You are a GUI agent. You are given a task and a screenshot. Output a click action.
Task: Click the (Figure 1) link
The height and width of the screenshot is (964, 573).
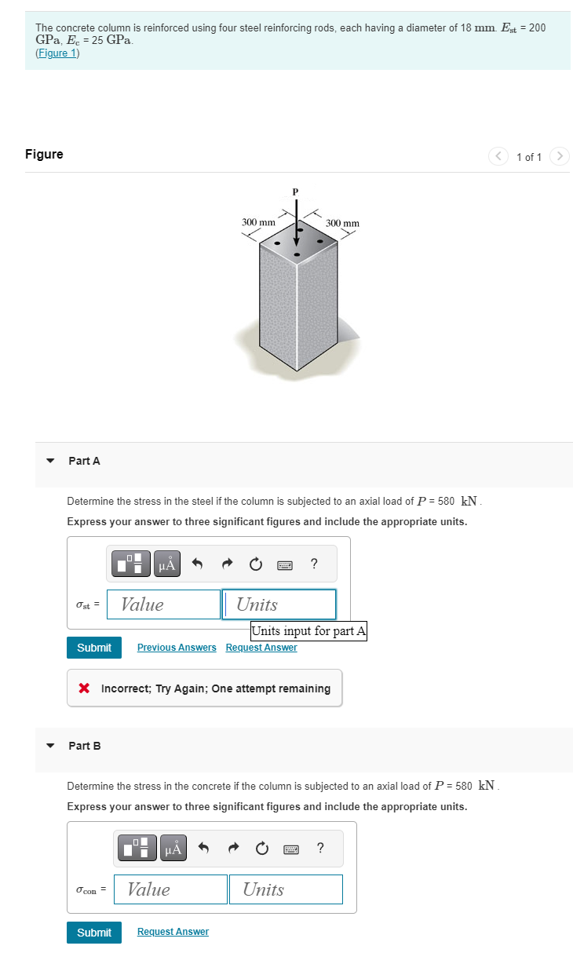(x=57, y=53)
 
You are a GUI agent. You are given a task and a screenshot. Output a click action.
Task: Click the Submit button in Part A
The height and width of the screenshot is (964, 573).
(x=94, y=648)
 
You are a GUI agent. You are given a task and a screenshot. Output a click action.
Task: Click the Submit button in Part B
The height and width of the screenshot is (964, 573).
(x=94, y=933)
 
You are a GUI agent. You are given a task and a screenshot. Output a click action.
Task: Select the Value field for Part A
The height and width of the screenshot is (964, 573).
(x=164, y=604)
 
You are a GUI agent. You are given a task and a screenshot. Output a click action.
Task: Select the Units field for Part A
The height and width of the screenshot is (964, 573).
(x=279, y=604)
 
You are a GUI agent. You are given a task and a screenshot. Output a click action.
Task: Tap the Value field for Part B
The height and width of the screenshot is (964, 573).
(x=170, y=889)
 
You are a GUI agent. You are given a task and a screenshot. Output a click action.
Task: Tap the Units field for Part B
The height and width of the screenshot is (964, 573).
(x=286, y=889)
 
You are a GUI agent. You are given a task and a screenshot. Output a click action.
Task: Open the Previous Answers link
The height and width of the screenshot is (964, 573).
(x=177, y=648)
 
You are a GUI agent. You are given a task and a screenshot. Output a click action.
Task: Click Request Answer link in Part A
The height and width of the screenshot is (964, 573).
(x=261, y=648)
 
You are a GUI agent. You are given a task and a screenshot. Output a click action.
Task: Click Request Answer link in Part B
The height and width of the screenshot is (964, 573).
(x=173, y=932)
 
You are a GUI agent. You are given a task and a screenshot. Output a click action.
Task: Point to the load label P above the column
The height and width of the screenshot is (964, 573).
(x=296, y=191)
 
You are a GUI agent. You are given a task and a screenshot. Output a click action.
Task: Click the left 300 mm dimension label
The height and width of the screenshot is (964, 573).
(x=258, y=223)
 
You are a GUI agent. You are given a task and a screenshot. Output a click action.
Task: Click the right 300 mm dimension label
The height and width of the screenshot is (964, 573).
(x=342, y=224)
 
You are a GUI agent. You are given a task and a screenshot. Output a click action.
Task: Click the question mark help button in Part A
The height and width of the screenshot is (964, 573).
(x=314, y=564)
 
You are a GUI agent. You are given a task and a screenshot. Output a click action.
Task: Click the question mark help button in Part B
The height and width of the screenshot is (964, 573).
(x=320, y=848)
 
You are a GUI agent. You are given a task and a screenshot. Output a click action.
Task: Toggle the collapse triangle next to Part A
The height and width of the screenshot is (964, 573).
(x=51, y=461)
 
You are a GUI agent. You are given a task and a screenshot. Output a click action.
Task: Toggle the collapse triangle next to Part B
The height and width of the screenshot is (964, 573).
(x=51, y=746)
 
